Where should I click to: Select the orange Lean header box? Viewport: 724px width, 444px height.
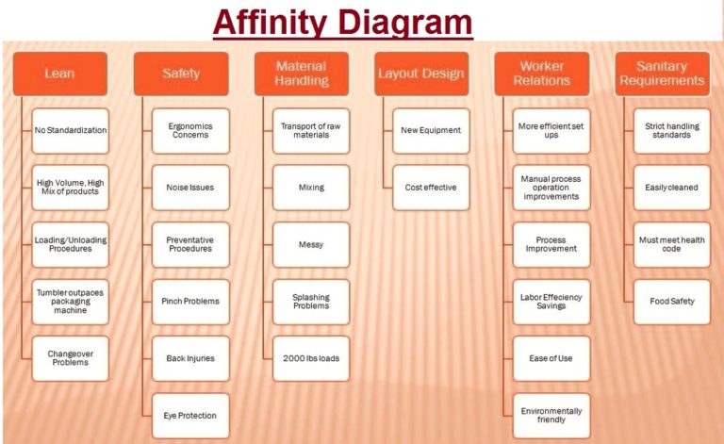(60, 74)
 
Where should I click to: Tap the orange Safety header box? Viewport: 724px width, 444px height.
(181, 74)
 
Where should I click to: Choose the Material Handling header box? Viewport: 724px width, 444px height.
(302, 74)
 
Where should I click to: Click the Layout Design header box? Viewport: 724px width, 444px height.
(421, 74)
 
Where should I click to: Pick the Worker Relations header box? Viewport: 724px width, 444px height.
(542, 74)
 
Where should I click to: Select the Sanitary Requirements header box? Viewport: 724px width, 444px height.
(663, 74)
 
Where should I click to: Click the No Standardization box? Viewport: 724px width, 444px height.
(71, 130)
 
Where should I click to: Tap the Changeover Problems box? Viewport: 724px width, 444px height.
(71, 358)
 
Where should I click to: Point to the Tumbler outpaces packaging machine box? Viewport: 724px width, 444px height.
(71, 302)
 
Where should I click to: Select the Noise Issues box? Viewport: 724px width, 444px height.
(190, 188)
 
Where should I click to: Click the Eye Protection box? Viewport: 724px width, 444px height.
(190, 416)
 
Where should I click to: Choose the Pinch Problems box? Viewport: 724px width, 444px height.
(190, 302)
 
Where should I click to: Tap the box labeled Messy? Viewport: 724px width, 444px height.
(311, 244)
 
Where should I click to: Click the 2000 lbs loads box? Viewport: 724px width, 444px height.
(311, 358)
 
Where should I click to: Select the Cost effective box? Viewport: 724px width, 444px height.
(431, 188)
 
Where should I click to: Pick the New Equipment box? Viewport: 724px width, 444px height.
(431, 130)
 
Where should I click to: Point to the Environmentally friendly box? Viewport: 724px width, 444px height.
(551, 416)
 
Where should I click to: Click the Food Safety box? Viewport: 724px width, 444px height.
(672, 302)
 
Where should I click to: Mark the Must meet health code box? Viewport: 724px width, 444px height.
(672, 244)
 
